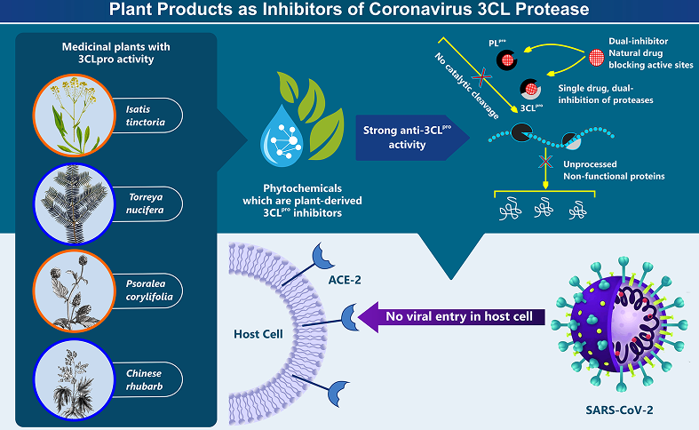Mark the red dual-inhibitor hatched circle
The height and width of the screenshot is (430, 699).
coord(600,58)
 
